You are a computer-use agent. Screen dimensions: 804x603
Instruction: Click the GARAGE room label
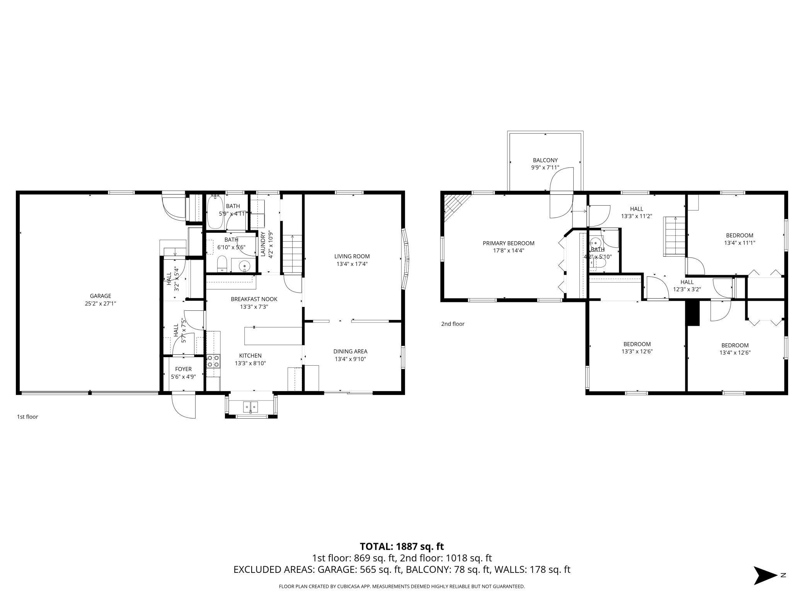100,296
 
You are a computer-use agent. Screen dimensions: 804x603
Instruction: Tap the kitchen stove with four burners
213,361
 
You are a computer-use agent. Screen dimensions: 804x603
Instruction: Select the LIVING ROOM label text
352,256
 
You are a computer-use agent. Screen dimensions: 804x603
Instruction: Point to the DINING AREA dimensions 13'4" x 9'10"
350,359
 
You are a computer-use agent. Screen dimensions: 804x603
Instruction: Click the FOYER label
183,369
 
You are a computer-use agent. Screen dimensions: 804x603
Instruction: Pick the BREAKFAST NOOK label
254,299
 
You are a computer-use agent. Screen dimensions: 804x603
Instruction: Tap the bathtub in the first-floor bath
213,212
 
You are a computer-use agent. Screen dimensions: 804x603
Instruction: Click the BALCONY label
545,160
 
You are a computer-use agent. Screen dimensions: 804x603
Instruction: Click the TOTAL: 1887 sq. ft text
402,547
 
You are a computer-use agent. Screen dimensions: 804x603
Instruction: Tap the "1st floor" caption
27,417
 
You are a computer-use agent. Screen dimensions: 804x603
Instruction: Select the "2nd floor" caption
453,324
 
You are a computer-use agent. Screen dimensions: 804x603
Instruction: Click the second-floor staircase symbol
675,236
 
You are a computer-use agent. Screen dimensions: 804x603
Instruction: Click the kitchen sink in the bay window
251,407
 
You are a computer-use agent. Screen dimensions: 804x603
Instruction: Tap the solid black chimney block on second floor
692,313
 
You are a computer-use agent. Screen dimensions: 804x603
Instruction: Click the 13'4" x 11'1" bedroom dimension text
739,243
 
